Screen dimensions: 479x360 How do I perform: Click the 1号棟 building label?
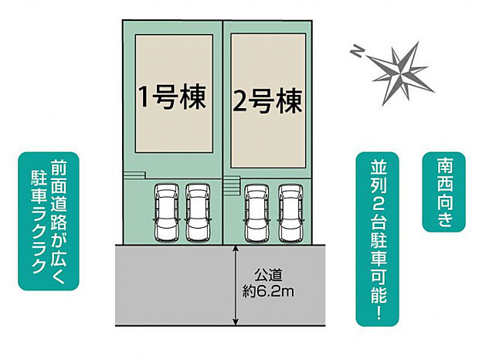[x=172, y=97]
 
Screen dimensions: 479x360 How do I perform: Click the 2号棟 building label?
[x=267, y=102]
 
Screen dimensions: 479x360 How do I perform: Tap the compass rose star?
[x=401, y=73]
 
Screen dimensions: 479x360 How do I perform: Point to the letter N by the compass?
[x=355, y=51]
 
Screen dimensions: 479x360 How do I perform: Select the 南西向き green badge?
[x=444, y=192]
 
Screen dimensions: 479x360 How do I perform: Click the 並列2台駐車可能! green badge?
[x=378, y=239]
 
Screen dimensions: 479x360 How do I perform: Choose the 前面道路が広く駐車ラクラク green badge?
[x=49, y=221]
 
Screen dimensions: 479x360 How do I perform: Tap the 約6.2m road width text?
[x=268, y=292]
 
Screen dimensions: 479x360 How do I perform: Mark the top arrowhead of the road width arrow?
[x=235, y=248]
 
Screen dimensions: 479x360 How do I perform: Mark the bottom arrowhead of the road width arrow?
[x=235, y=322]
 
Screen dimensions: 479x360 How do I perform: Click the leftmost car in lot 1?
[x=167, y=212]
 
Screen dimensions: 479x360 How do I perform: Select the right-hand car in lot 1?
[x=198, y=212]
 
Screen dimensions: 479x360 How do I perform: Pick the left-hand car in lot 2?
[x=257, y=212]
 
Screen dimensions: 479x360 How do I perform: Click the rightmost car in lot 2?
[x=290, y=212]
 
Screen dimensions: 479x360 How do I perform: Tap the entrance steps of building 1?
[x=134, y=175]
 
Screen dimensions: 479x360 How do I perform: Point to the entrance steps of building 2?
[x=231, y=185]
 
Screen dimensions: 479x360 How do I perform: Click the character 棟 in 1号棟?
[x=193, y=97]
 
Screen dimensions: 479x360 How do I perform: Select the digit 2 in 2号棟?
[x=239, y=103]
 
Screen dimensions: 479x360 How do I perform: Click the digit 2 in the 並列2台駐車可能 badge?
[x=378, y=209]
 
